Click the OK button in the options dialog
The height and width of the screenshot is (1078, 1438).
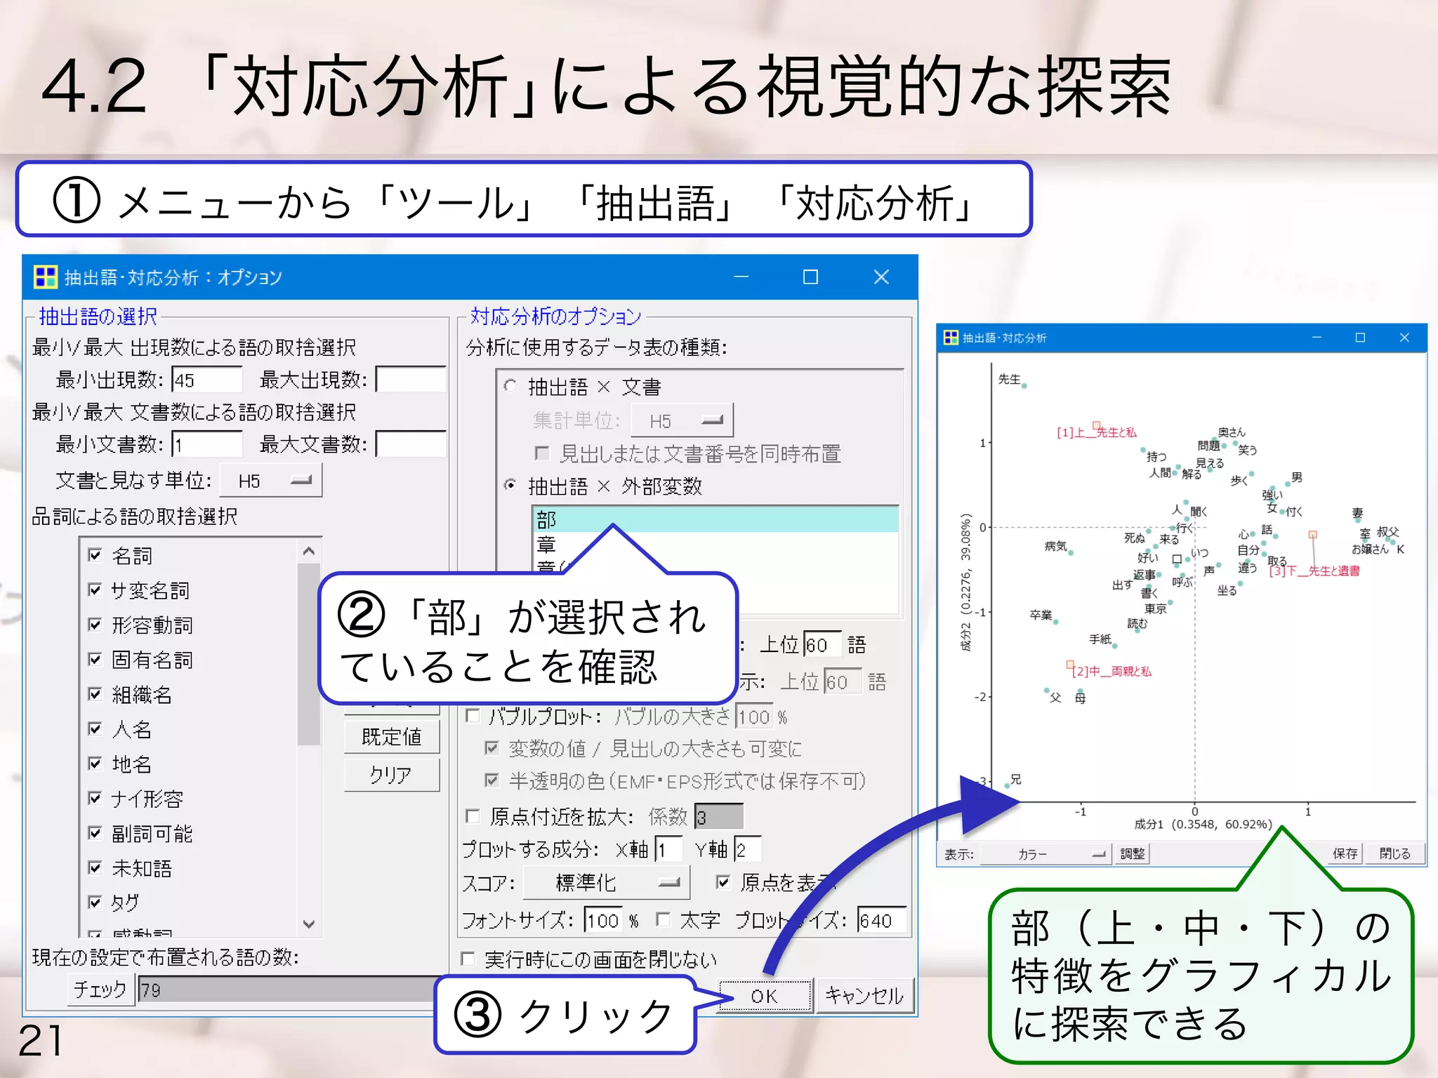[765, 996]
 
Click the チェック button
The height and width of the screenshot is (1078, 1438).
[100, 990]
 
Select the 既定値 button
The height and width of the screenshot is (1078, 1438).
[392, 737]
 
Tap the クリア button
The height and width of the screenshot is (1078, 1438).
[392, 776]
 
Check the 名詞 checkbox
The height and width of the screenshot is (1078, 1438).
[95, 555]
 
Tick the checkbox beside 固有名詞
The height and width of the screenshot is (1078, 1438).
[95, 659]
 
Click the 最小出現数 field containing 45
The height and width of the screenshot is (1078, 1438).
[206, 380]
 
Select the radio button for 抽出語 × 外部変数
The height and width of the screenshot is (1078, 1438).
[511, 485]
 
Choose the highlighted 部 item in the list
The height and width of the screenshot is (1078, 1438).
[715, 519]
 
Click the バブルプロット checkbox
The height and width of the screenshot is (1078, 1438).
[473, 716]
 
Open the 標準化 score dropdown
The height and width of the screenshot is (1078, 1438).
[607, 883]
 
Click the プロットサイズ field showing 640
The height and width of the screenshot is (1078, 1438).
[881, 920]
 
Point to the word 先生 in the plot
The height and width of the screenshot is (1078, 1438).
[1010, 379]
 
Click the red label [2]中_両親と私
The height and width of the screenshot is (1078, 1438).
[1112, 672]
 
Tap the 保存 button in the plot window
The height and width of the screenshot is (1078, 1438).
[1345, 853]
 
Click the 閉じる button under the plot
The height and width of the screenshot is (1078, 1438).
[1394, 853]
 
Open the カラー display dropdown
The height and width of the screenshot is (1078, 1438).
[1045, 854]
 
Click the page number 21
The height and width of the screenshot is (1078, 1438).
[40, 1040]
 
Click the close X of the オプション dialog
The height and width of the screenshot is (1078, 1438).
[881, 277]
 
